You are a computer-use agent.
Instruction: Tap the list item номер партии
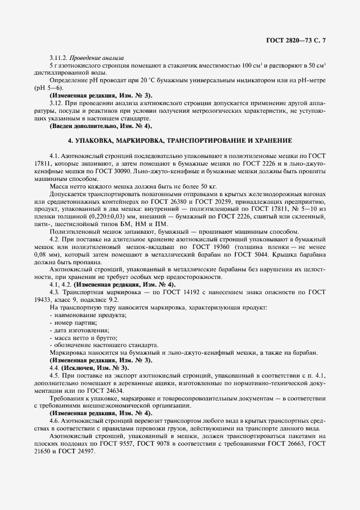click(x=71, y=323)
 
